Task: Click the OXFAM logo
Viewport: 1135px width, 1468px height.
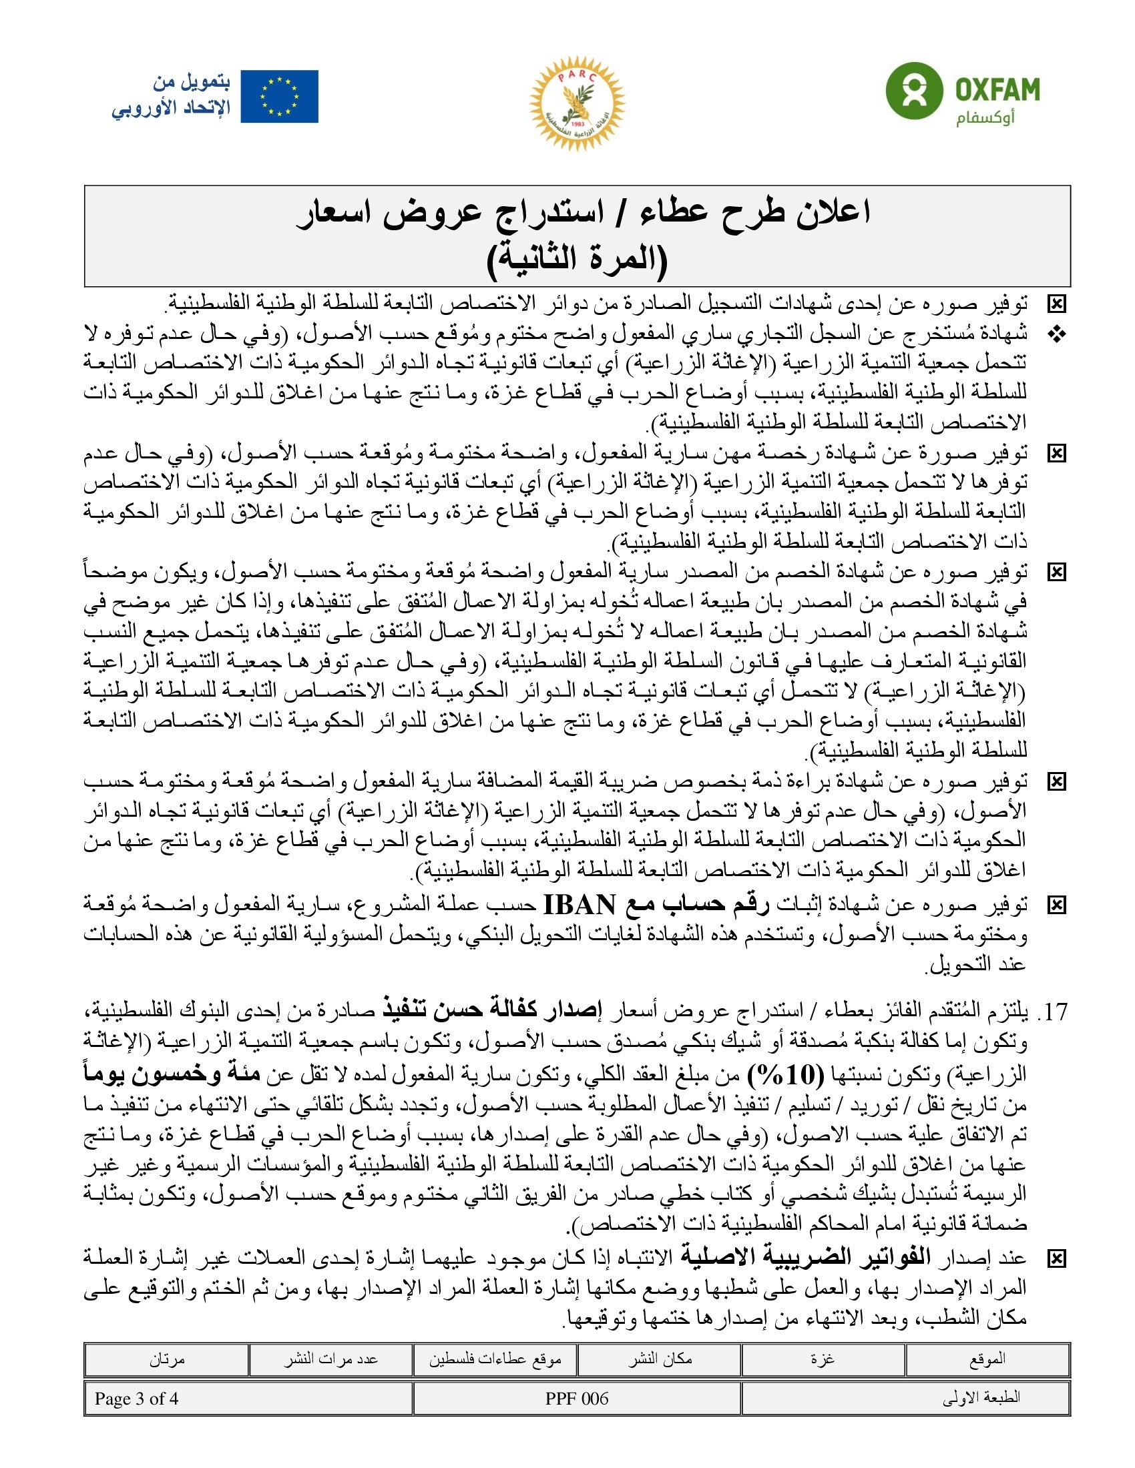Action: (961, 93)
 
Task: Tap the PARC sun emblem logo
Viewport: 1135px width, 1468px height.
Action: (577, 103)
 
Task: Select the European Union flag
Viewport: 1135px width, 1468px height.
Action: (279, 97)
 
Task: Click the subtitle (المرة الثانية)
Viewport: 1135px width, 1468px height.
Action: (577, 263)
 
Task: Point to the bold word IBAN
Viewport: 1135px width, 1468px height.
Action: (579, 905)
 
